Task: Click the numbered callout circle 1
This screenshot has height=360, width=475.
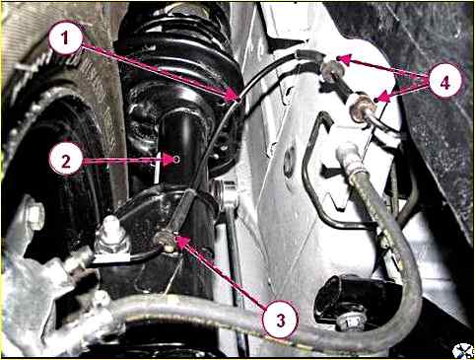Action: point(65,37)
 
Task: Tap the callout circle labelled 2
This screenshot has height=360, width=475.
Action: point(66,161)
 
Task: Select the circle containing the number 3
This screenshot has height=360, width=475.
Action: point(280,321)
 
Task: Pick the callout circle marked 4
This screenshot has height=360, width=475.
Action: point(444,83)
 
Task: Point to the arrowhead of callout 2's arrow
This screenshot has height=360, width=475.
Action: point(172,160)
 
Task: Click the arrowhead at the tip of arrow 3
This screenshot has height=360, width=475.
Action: point(181,241)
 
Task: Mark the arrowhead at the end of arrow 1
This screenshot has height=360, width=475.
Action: point(234,96)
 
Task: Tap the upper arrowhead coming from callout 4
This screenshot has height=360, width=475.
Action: point(344,59)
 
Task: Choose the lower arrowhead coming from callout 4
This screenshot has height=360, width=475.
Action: point(381,99)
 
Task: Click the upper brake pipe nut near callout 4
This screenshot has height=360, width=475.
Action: point(331,71)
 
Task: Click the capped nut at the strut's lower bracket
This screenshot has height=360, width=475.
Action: point(111,234)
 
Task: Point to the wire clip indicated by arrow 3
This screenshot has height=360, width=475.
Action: point(165,241)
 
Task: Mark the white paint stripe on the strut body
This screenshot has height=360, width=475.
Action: point(157,168)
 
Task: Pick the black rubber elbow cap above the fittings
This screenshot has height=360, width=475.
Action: point(308,55)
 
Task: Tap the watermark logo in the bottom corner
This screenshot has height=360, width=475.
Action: point(462,350)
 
